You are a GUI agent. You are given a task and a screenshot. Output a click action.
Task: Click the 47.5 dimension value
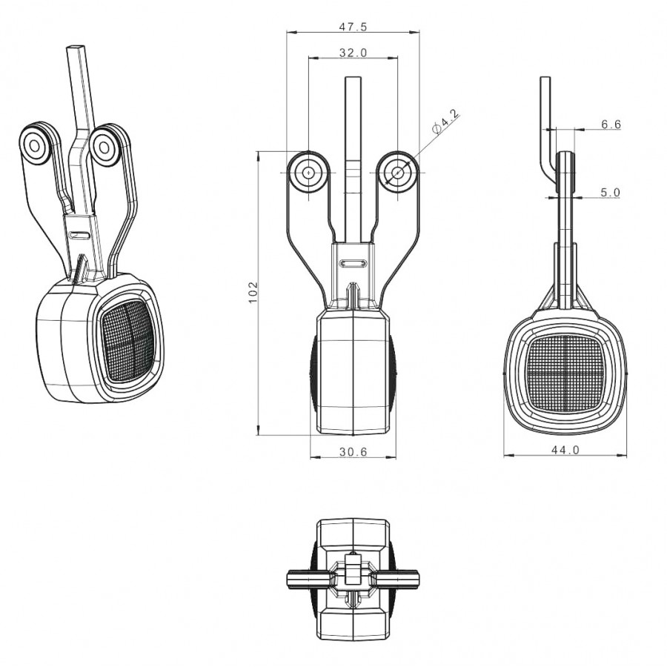[353, 27]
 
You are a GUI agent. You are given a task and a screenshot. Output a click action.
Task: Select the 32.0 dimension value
[353, 53]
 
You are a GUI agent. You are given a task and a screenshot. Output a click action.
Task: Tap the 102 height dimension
[253, 292]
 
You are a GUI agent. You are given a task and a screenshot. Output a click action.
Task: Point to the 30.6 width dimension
[353, 451]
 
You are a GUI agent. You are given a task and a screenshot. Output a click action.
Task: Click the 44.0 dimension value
[565, 450]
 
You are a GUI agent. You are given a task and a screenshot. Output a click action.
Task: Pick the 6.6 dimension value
[611, 125]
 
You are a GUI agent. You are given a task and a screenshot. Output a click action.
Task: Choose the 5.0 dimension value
[611, 192]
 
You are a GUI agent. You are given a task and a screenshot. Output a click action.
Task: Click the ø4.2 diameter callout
[445, 122]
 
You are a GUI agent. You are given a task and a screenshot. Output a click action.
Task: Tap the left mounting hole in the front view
[308, 172]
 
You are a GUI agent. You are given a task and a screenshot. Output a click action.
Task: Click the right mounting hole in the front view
[398, 172]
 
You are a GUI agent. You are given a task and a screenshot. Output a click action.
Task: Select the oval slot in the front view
[354, 263]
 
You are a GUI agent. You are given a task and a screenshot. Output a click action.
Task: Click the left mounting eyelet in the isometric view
[34, 146]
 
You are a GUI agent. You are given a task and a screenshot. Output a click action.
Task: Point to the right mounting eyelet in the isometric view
[104, 148]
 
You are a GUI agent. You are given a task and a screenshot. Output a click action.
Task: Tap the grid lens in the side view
[565, 373]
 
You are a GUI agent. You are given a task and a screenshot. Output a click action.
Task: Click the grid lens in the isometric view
[127, 340]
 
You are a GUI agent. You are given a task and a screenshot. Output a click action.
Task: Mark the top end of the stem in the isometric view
[76, 45]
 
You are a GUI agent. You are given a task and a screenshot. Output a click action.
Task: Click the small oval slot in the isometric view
[79, 235]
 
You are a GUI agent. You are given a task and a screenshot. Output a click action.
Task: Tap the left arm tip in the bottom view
[289, 578]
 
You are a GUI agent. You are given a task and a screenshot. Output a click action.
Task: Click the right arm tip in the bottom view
[417, 578]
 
